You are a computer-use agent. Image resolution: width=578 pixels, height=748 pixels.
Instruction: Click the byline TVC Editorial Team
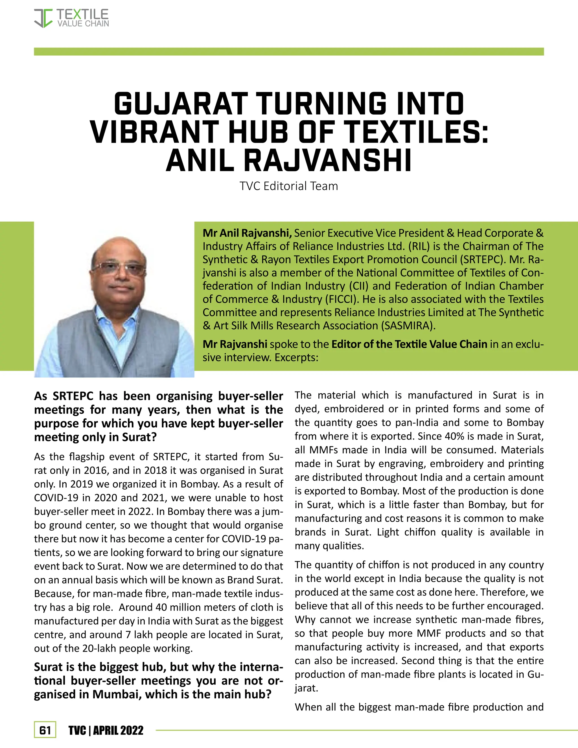pyautogui.click(x=289, y=186)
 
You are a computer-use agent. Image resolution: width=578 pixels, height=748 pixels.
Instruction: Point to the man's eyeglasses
pyautogui.click(x=119, y=268)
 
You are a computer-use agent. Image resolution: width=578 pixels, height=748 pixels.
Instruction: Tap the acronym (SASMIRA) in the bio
pyautogui.click(x=408, y=325)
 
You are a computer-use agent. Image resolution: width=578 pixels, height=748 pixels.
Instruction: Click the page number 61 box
pyautogui.click(x=45, y=730)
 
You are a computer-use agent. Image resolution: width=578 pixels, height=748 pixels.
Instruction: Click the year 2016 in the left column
pyautogui.click(x=97, y=470)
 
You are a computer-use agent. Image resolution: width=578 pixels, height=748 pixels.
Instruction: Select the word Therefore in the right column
pyautogui.click(x=506, y=592)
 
